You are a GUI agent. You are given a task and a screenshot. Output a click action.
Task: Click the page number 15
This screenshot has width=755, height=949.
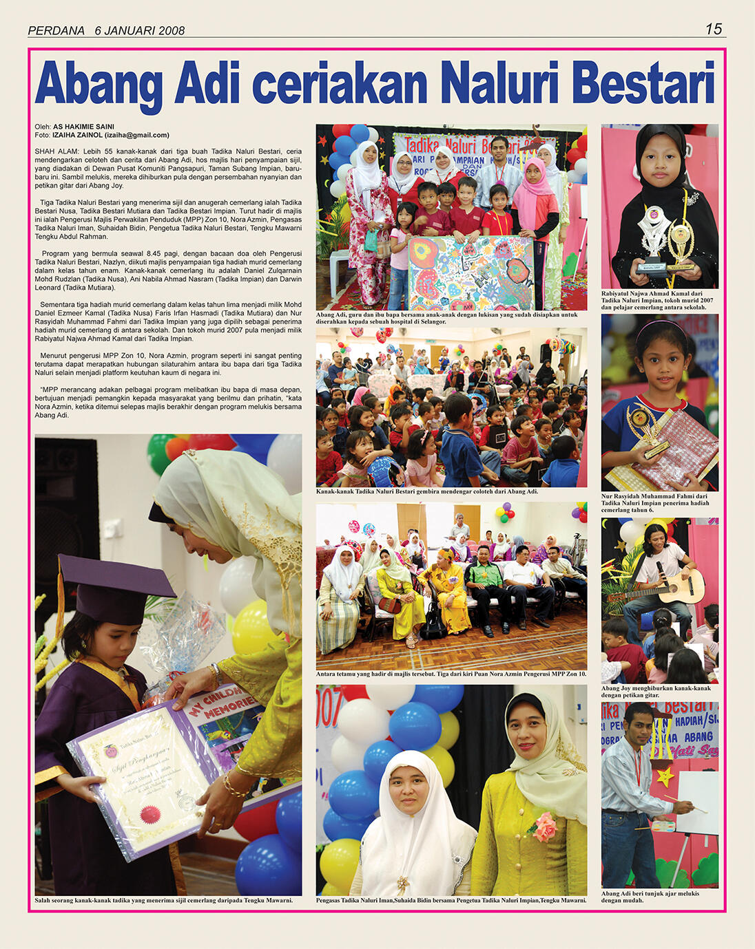click(x=713, y=29)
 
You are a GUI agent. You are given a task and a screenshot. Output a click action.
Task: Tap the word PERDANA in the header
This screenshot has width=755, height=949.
click(x=56, y=30)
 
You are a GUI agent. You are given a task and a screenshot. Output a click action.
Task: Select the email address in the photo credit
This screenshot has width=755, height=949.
click(x=136, y=135)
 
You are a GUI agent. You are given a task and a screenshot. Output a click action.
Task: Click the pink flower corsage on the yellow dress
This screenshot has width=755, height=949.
click(x=544, y=826)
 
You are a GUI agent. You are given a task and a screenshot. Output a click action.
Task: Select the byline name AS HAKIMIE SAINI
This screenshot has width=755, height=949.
click(x=83, y=127)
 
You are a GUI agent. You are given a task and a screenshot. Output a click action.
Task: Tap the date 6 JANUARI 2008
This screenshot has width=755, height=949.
click(x=140, y=30)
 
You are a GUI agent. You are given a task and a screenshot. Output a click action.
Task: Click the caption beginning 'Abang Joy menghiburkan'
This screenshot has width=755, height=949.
click(x=656, y=692)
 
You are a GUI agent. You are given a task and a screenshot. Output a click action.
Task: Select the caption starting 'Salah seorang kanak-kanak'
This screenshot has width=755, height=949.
click(x=163, y=900)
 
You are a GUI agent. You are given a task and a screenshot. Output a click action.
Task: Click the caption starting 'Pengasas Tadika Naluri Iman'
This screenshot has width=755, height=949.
click(x=451, y=900)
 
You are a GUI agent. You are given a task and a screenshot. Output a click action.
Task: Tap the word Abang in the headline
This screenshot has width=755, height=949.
click(x=99, y=84)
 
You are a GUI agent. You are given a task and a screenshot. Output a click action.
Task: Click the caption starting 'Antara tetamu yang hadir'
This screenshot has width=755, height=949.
click(x=451, y=674)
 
